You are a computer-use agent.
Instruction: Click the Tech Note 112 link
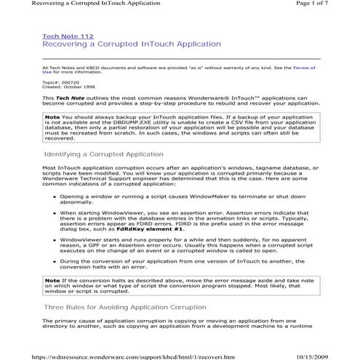[x=68, y=36]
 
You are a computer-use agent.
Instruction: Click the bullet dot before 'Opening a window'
[x=52, y=196]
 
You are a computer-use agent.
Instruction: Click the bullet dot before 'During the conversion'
[x=52, y=260]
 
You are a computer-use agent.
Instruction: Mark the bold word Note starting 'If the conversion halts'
[x=52, y=280]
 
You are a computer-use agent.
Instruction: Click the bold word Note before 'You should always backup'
[x=52, y=116]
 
